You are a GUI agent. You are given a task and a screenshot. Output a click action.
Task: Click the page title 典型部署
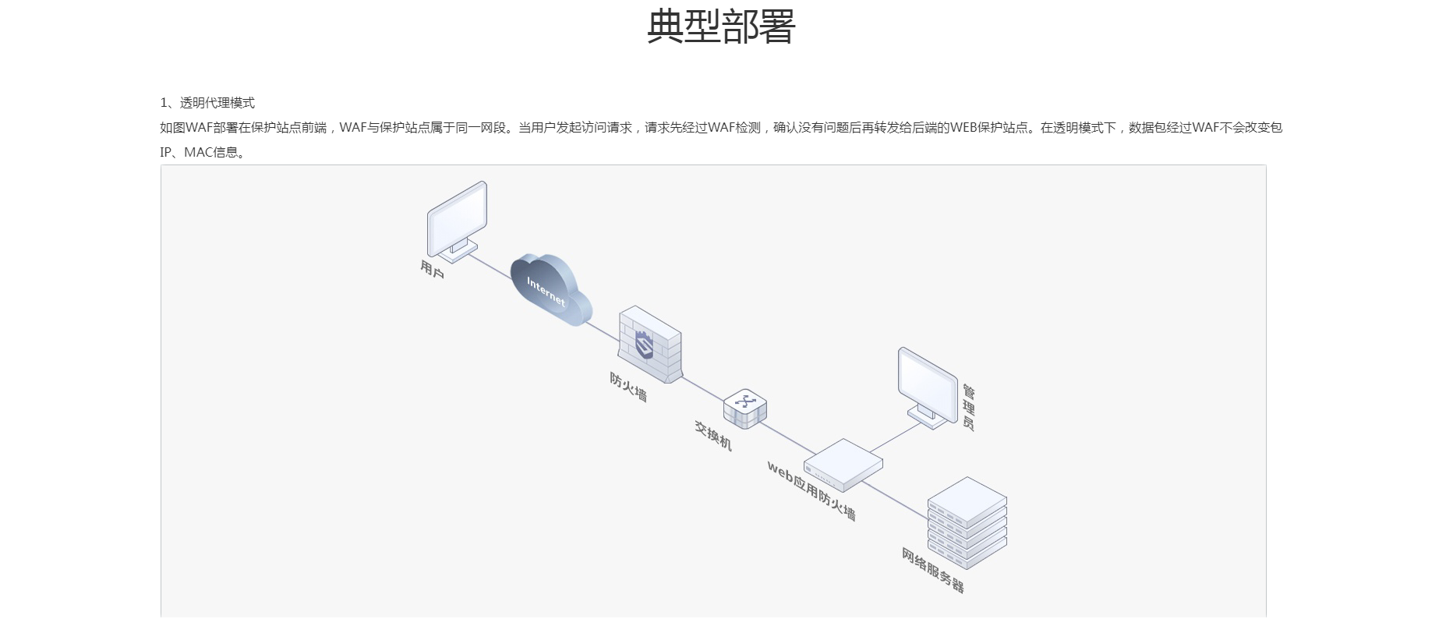tap(721, 27)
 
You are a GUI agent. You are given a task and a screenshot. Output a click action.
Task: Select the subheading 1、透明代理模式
tap(207, 103)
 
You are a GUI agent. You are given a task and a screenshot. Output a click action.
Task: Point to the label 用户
tap(432, 270)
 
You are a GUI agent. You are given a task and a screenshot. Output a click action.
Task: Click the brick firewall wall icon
tap(649, 345)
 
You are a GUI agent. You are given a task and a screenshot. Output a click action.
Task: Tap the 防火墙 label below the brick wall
tap(628, 387)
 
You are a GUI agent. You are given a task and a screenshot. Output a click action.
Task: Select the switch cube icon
tap(744, 408)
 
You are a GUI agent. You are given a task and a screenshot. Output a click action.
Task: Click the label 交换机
tap(713, 435)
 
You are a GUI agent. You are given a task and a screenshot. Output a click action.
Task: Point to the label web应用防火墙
tap(811, 490)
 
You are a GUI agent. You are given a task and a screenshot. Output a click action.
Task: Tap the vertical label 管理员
tap(968, 407)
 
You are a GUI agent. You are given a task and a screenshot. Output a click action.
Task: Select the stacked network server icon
tap(967, 522)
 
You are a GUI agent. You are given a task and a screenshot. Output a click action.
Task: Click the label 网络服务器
tap(933, 570)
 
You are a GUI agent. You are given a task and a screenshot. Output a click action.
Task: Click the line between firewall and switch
tap(702, 391)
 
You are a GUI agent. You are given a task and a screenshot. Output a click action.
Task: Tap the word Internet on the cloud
tap(546, 291)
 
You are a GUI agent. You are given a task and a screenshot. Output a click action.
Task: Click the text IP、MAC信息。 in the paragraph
tap(203, 152)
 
